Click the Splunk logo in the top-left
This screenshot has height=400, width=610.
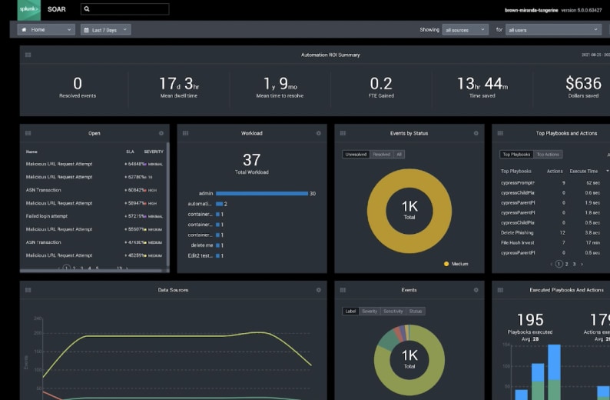coord(29,9)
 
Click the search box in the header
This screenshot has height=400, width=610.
coord(124,9)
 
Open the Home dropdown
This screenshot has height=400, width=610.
coord(46,30)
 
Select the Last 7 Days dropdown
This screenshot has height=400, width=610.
coord(105,30)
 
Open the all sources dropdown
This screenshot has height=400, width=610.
coord(465,30)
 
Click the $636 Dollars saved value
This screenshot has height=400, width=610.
coord(582,83)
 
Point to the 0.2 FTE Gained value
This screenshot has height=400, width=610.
coord(381,83)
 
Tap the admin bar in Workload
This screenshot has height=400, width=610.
coord(261,193)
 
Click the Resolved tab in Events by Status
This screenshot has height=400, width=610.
coord(381,155)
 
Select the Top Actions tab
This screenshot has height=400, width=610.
coord(548,155)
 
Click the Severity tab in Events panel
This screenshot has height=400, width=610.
coord(370,312)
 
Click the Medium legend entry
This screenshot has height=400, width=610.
coord(458,263)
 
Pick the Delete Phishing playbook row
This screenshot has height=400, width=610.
coord(518,232)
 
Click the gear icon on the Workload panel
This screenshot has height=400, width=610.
coord(318,133)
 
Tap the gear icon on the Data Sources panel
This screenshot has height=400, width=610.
coord(318,290)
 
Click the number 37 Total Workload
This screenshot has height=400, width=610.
coord(251,159)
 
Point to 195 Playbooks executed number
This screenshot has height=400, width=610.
coord(529,319)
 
